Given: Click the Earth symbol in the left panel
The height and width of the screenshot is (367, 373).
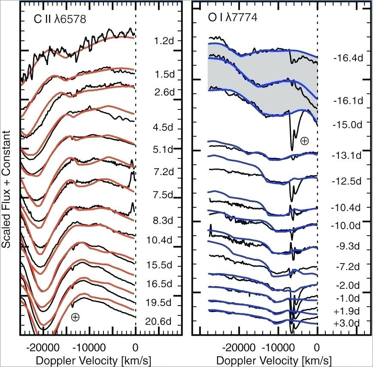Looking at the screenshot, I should tap(75, 317).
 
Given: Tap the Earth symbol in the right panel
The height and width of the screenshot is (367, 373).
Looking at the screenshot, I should tap(304, 140).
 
